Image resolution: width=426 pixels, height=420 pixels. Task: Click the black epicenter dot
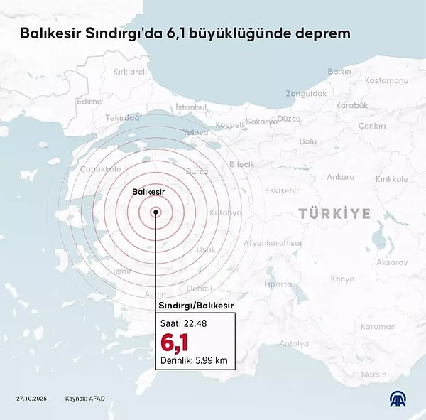pyautogui.click(x=155, y=211)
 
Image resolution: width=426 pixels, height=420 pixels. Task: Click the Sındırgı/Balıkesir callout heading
pyautogui.click(x=195, y=305)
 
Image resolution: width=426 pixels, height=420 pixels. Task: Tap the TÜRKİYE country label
pyautogui.click(x=334, y=213)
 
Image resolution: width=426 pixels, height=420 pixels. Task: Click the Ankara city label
pyautogui.click(x=340, y=177)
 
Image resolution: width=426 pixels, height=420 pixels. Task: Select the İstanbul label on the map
pyautogui.click(x=190, y=107)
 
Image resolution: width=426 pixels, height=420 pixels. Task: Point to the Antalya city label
pyautogui.click(x=294, y=344)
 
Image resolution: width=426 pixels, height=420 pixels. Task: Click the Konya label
pyautogui.click(x=342, y=279)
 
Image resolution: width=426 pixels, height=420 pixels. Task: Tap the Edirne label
pyautogui.click(x=89, y=102)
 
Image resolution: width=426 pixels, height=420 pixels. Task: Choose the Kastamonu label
pyautogui.click(x=386, y=80)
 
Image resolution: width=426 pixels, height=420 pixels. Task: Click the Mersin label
pyautogui.click(x=373, y=375)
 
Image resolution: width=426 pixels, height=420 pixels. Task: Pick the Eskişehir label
pyautogui.click(x=282, y=190)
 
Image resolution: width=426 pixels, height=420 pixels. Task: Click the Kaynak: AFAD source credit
pyautogui.click(x=85, y=398)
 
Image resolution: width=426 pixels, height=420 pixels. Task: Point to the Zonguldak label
pyautogui.click(x=306, y=93)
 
